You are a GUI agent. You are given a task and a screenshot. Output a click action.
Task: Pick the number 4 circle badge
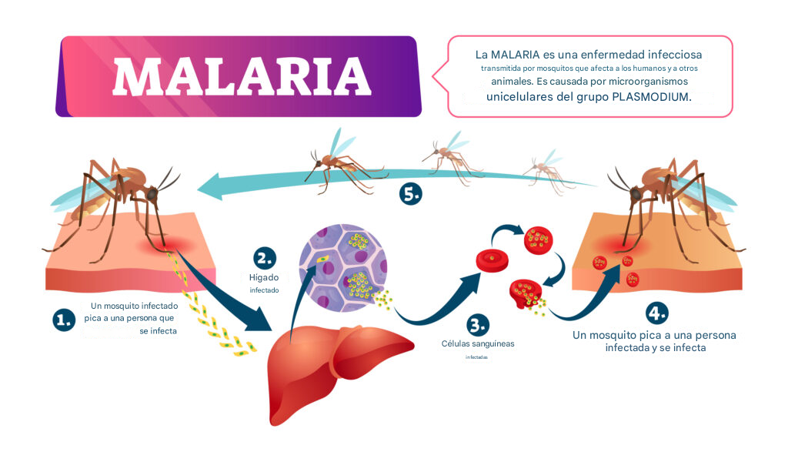click(x=656, y=313)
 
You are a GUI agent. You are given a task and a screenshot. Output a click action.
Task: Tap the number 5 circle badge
click(x=411, y=194)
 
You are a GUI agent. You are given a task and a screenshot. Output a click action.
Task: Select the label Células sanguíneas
click(x=478, y=343)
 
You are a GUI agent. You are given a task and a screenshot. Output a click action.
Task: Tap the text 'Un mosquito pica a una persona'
click(x=655, y=336)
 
